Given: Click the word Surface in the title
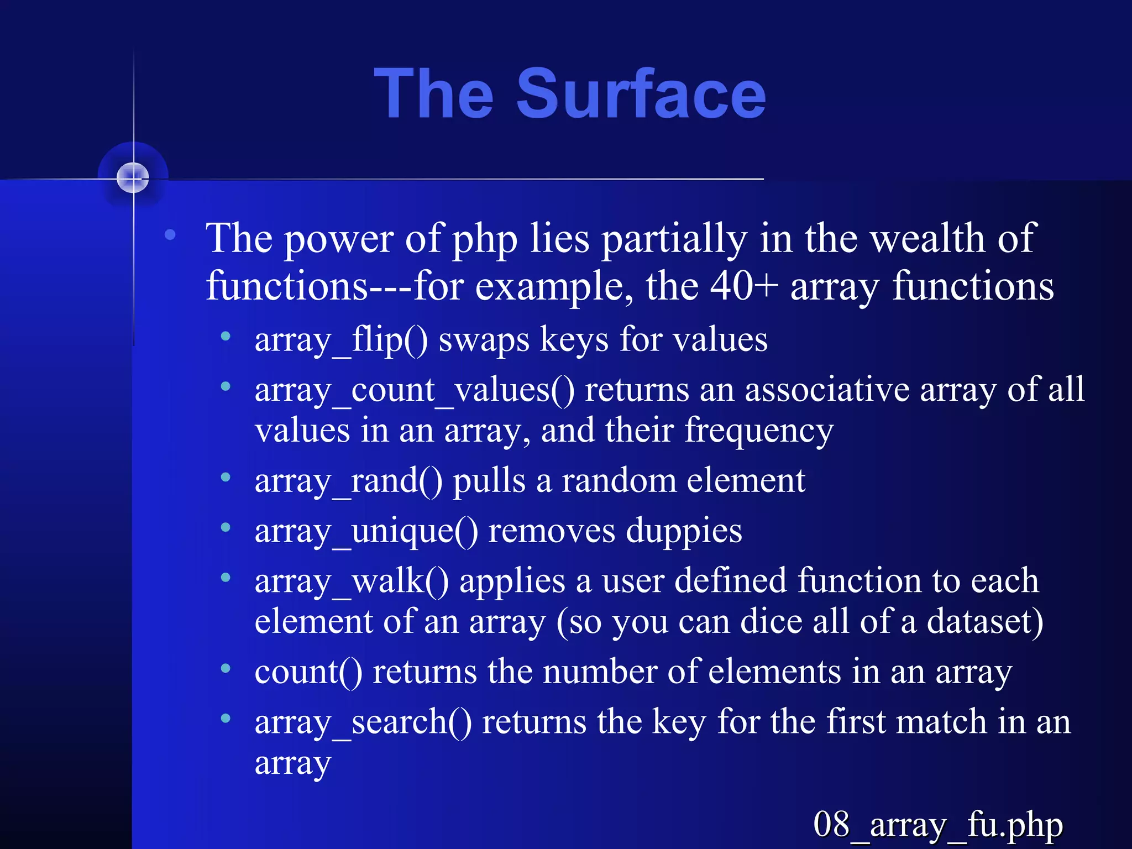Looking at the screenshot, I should point(641,94).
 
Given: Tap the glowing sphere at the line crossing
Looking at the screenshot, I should point(133,178).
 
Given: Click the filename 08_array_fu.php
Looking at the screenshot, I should point(937,825).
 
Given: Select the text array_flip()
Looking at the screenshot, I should point(341,339).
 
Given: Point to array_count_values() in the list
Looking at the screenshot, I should point(415,390).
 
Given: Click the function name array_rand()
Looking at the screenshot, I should point(348,481).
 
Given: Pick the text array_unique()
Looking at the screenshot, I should point(366,531).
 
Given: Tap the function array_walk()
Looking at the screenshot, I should point(352,581).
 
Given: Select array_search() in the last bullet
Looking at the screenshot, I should point(363,722).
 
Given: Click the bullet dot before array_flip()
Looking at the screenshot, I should point(226,336).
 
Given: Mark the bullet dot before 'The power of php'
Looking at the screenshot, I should point(170,235).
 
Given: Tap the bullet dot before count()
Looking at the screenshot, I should point(226,669).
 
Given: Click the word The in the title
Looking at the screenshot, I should point(433,94).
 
